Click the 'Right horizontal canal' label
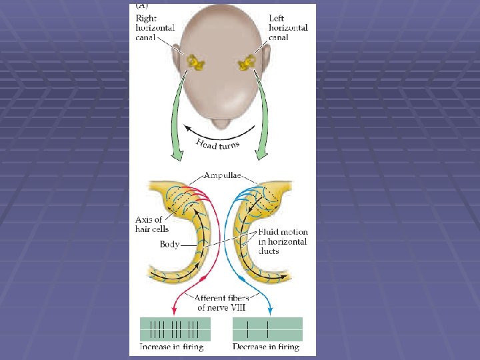coord(155,28)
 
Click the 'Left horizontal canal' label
coord(288,28)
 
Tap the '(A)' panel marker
coord(143,5)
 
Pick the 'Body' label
coord(169,245)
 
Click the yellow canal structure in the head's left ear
coord(249,63)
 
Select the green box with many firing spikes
coord(175,329)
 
